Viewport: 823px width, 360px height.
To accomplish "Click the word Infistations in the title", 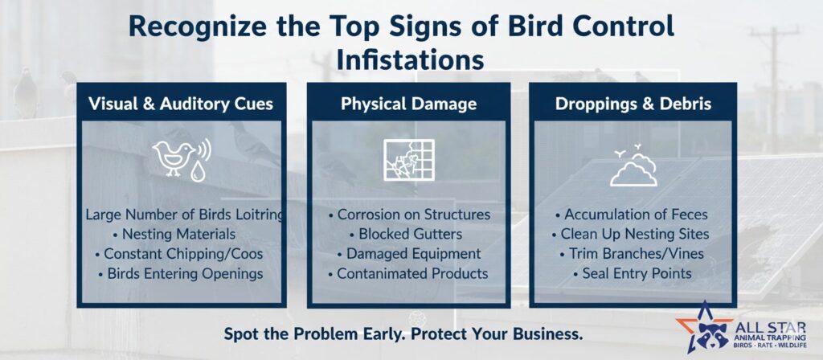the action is [410, 59].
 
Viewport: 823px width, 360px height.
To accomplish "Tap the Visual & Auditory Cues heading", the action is [181, 104].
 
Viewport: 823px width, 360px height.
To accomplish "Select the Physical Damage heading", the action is [409, 104].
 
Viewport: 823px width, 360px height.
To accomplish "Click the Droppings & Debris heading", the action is [633, 104].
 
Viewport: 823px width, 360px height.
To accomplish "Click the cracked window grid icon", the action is [409, 160].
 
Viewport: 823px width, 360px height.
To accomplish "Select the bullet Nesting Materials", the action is [174, 234].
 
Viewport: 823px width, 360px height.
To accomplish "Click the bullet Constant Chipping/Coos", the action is [179, 254].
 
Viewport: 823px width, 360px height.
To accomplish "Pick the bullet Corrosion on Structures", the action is [409, 215].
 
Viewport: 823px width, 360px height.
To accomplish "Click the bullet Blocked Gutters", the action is [406, 234].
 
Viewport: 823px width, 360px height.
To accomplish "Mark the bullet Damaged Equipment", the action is [409, 254].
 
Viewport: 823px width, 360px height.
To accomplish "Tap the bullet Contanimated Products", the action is [408, 273].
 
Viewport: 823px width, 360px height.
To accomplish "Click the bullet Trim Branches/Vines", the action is [632, 254].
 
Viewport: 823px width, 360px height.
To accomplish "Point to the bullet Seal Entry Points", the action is [633, 273].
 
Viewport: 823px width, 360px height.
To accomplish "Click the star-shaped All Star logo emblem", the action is [705, 328].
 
